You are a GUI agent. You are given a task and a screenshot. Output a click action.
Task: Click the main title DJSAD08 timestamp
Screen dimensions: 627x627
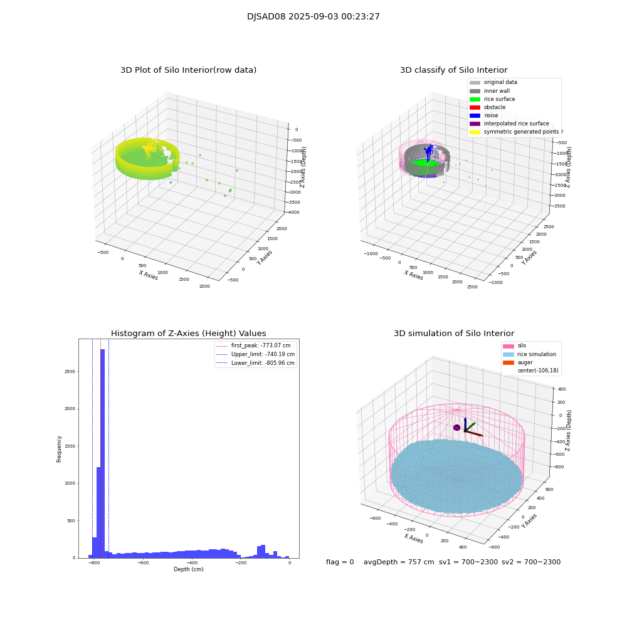(313, 17)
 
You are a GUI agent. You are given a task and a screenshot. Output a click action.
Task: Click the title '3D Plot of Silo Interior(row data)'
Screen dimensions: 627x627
(188, 70)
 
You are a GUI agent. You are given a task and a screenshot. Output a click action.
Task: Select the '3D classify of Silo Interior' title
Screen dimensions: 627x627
(454, 70)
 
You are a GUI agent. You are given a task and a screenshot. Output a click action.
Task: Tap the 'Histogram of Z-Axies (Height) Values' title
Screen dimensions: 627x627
(188, 334)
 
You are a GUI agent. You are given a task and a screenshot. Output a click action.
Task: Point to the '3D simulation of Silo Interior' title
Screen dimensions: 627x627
(454, 334)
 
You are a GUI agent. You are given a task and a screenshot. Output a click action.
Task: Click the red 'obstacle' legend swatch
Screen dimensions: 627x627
(475, 107)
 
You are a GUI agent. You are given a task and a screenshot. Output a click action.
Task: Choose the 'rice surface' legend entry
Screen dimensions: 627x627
(498, 99)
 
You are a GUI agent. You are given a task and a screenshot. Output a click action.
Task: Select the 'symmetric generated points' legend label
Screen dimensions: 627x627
(521, 132)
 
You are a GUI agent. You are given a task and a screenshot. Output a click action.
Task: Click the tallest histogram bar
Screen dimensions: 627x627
(102, 451)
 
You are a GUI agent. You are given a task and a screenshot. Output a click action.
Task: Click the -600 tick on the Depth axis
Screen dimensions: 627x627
(143, 564)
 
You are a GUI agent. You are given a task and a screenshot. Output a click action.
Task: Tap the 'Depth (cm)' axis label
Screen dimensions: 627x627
(188, 569)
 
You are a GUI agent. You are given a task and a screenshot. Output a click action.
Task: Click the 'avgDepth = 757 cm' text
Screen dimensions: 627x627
(399, 562)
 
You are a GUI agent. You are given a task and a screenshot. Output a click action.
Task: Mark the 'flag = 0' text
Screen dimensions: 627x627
(340, 562)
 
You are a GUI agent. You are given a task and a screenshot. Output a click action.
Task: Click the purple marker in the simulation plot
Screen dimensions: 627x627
(457, 428)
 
